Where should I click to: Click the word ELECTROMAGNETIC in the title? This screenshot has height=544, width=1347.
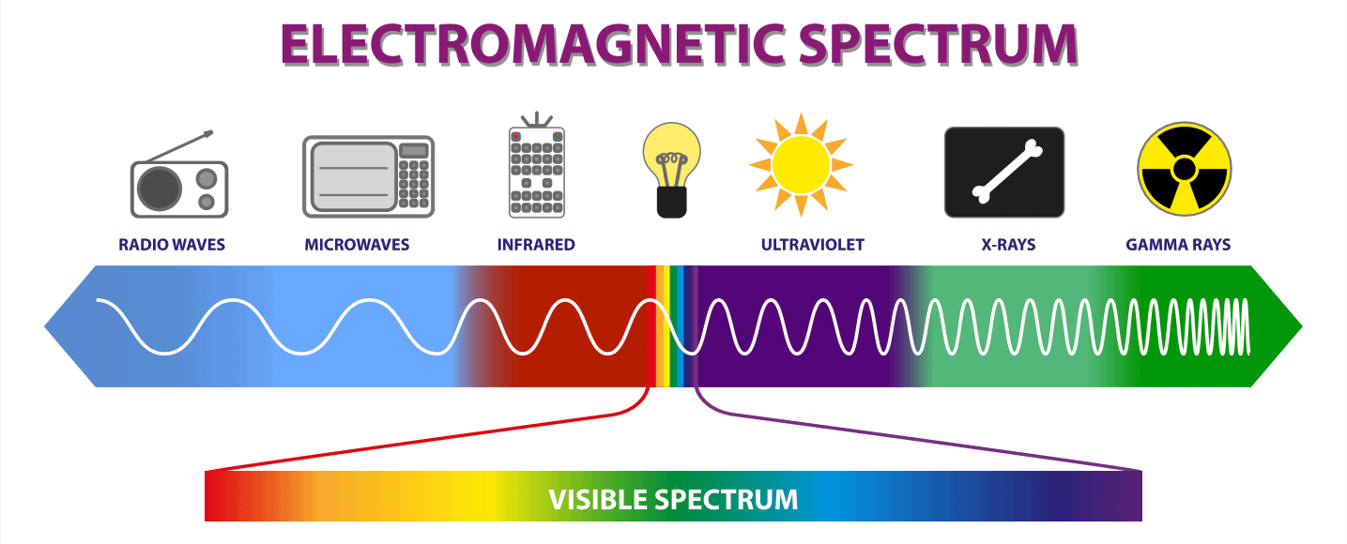[533, 44]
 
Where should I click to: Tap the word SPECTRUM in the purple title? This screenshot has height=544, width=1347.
[938, 44]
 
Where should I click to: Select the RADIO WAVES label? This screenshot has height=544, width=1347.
[172, 245]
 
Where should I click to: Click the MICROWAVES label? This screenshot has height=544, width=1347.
[357, 245]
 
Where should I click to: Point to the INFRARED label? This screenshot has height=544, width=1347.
[536, 245]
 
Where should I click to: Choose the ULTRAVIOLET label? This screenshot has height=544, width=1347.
[812, 245]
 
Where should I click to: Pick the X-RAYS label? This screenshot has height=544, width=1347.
[1008, 245]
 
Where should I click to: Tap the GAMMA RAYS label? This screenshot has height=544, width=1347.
[1178, 245]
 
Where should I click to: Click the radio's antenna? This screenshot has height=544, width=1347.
[179, 146]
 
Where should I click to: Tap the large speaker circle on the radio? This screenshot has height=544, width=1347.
[160, 189]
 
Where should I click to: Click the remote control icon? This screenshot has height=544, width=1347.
[536, 165]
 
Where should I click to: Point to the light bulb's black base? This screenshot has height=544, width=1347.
[672, 202]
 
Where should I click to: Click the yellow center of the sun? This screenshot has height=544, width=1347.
[801, 164]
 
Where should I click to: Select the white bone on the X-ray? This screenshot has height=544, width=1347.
[1007, 172]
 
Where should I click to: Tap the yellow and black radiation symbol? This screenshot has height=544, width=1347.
[1184, 169]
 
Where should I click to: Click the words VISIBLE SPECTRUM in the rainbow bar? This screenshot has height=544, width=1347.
[674, 500]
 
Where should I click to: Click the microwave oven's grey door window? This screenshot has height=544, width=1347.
[354, 176]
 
